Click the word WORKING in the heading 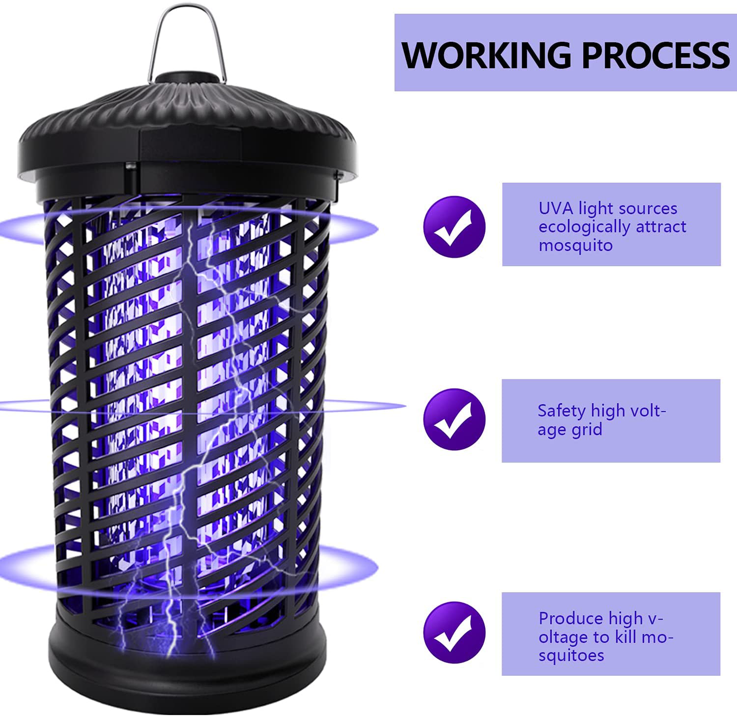487,56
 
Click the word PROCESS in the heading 655,56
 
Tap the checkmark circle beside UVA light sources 454,227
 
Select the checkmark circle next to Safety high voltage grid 454,419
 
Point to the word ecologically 584,227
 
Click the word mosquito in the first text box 576,246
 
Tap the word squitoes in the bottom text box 571,656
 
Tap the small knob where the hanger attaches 187,77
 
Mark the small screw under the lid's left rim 131,166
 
